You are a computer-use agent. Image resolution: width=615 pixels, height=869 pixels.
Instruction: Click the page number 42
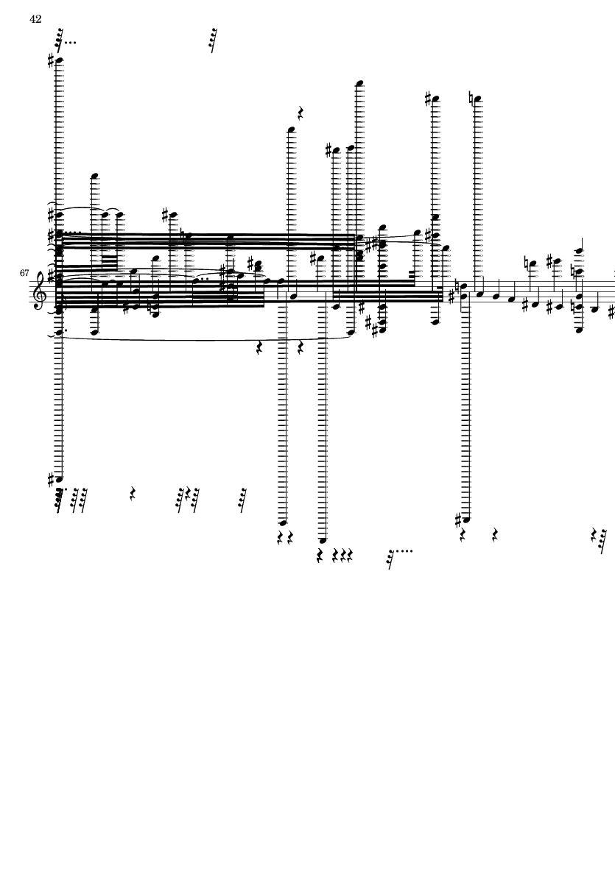point(35,19)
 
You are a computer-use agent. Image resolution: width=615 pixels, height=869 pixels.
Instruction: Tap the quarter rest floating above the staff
point(301,113)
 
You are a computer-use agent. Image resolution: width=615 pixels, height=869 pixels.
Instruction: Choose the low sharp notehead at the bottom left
point(60,479)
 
